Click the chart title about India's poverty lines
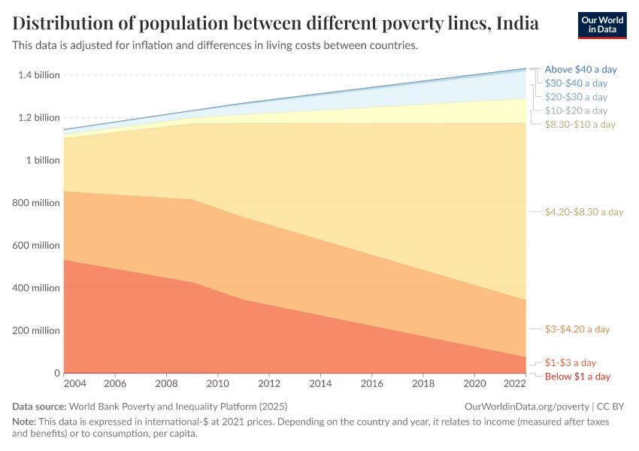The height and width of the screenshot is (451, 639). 275,23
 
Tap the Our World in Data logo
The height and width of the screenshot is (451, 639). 602,25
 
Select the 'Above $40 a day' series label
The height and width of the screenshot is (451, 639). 580,69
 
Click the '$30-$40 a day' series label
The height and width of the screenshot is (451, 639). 576,83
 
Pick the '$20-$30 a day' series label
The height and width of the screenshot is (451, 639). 576,97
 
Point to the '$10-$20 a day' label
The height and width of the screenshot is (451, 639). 576,110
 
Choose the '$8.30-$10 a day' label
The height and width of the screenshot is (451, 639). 580,124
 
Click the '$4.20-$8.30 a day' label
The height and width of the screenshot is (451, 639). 584,212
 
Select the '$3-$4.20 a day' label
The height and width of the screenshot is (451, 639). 577,329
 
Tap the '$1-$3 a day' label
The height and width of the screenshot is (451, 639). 571,362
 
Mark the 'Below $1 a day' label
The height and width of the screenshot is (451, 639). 577,376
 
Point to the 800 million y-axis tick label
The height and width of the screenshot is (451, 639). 35,203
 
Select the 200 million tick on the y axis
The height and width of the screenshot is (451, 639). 35,331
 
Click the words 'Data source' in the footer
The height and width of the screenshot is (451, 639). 39,406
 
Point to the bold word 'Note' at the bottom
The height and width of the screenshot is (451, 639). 25,422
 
